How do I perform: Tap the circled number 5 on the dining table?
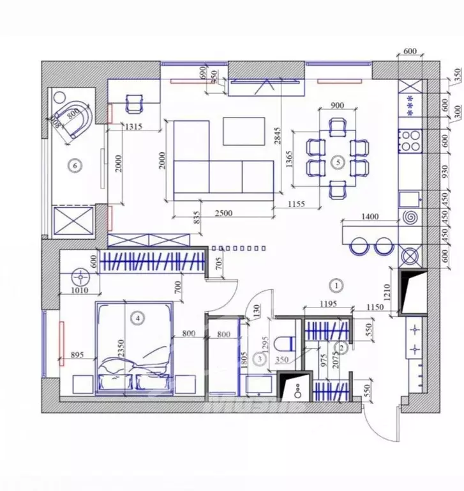point(338,162)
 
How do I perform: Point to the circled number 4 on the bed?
point(136,316)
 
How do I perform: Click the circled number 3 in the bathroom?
point(259,360)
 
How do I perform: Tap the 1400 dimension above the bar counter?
point(370,217)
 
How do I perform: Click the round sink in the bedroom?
point(80,277)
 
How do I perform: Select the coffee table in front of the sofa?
point(244,130)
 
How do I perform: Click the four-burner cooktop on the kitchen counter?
point(408,140)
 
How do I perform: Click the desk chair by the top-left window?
point(135,102)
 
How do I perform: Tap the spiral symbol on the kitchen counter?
point(408,218)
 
